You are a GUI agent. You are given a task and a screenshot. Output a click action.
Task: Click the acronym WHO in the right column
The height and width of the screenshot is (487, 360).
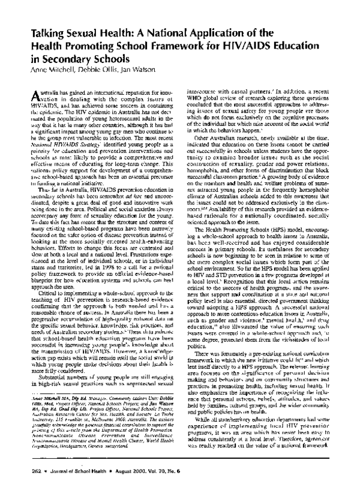[x=194, y=100]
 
